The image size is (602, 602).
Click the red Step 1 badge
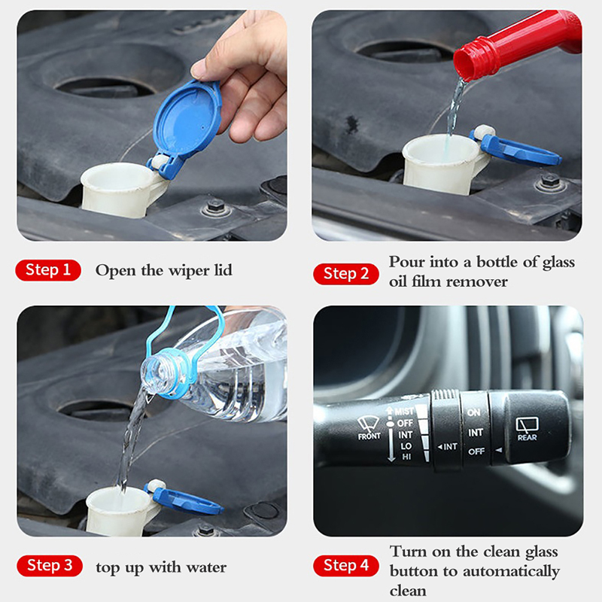(x=48, y=270)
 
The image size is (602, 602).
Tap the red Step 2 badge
(x=346, y=274)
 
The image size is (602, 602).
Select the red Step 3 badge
(x=50, y=566)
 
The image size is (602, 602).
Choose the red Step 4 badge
(x=346, y=566)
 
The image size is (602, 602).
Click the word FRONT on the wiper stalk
(x=369, y=436)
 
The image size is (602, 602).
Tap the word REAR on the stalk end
(x=528, y=437)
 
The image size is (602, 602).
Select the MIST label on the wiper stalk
(x=404, y=411)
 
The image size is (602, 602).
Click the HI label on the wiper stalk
(x=406, y=457)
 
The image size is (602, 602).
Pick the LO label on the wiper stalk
(x=406, y=446)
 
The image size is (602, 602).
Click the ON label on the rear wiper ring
(x=474, y=412)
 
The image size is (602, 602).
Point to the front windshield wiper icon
(x=368, y=424)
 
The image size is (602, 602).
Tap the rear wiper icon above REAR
(x=528, y=424)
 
